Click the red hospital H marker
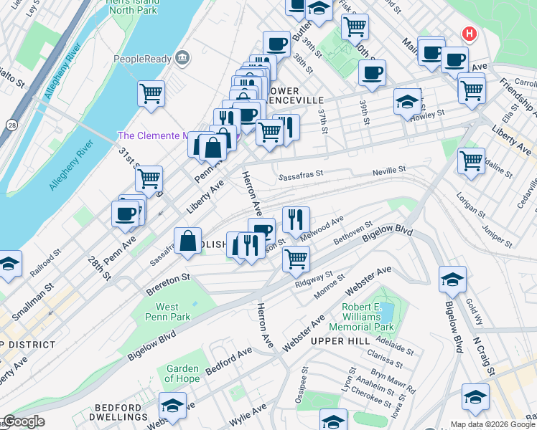[469, 34]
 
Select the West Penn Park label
[167, 312]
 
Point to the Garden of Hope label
[182, 373]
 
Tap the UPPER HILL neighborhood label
[340, 340]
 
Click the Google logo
[23, 422]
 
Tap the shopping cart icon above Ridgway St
[296, 258]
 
